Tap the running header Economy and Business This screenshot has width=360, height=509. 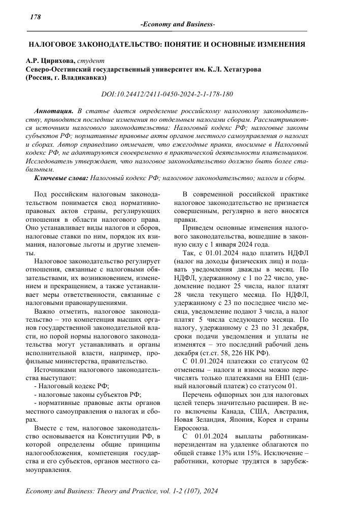[x=178, y=25]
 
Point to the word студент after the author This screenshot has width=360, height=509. [x=90, y=60]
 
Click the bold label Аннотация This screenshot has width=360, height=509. [x=53, y=111]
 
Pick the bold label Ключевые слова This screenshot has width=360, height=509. [x=61, y=178]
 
